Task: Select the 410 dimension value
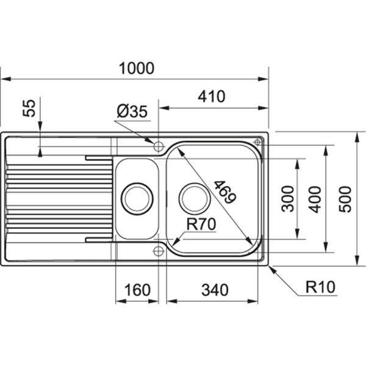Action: coord(211,96)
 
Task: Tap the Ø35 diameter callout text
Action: coord(131,112)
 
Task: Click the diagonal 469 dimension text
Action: coord(223,193)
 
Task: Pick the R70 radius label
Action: coord(201,224)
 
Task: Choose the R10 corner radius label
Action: coord(321,287)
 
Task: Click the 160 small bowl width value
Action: coord(137,290)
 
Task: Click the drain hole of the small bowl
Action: coord(137,198)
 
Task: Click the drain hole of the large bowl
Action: coord(195,198)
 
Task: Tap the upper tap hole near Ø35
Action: coord(158,146)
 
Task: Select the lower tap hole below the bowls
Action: coord(158,251)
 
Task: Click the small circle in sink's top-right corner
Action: coord(257,142)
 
